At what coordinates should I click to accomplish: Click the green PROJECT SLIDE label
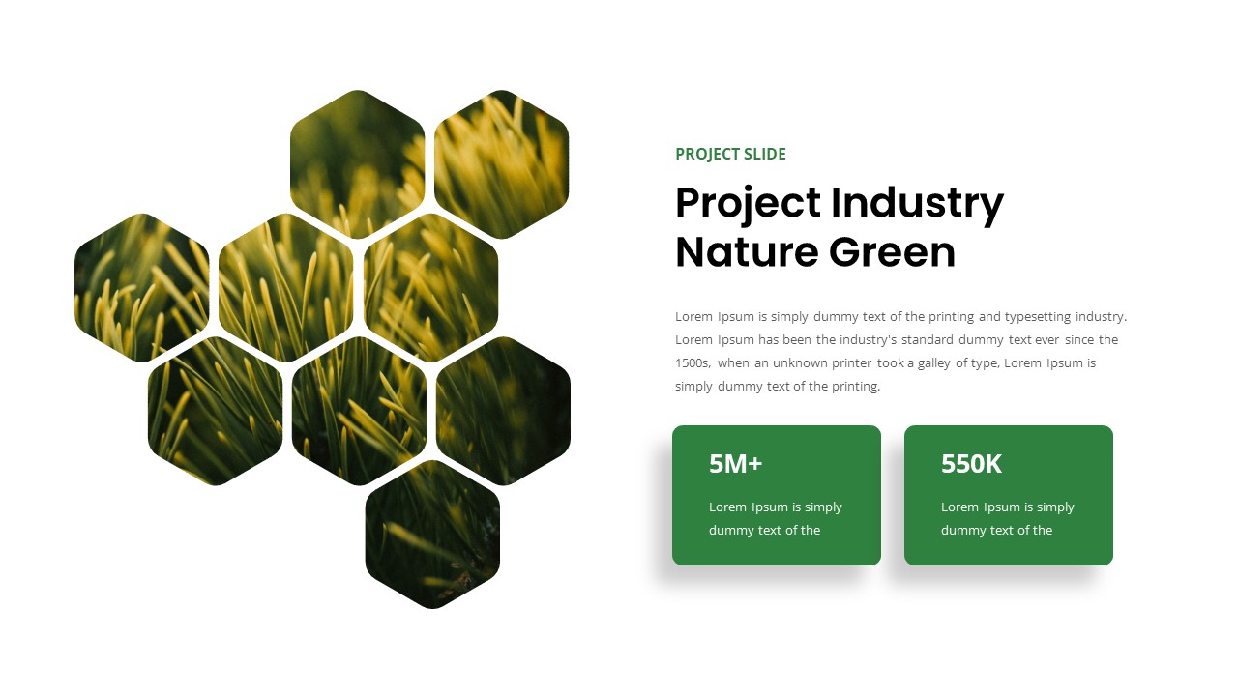pos(730,154)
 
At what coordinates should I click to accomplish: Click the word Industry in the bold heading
pos(917,203)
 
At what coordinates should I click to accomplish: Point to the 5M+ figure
pos(735,464)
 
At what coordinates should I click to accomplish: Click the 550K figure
pos(971,464)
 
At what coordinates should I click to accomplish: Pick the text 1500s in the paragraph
pos(693,363)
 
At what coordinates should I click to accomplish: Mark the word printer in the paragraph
pos(851,363)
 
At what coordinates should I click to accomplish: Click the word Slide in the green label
pos(764,154)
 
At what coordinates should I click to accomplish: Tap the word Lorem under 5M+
pos(728,507)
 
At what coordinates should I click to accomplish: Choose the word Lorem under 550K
pos(960,507)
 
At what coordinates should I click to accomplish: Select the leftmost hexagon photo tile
pos(141,287)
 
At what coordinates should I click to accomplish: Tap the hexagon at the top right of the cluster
pos(501,164)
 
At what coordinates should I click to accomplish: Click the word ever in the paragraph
pos(1047,339)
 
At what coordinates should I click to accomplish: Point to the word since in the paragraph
pos(1081,339)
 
